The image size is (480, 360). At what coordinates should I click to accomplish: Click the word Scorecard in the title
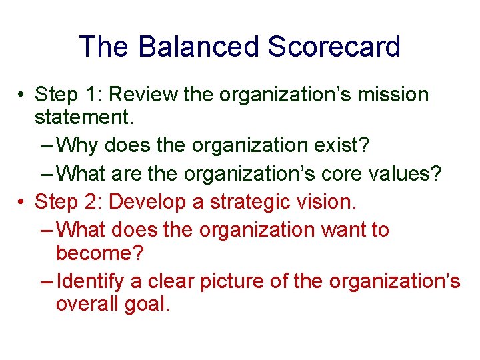coord(334,47)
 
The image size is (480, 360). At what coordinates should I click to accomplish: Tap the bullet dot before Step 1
coord(23,95)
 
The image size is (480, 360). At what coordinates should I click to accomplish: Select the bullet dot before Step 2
coord(23,201)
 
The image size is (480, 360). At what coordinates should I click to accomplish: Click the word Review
coord(144,95)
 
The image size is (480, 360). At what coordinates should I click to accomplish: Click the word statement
coord(84,119)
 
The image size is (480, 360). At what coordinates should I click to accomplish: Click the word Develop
coord(151,201)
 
